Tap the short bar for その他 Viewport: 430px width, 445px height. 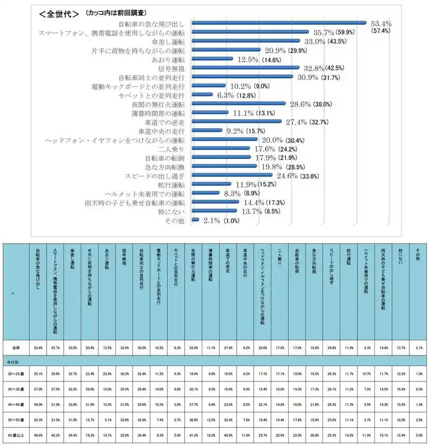pyautogui.click(x=195, y=220)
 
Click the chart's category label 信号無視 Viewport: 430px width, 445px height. pyautogui.click(x=171, y=68)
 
